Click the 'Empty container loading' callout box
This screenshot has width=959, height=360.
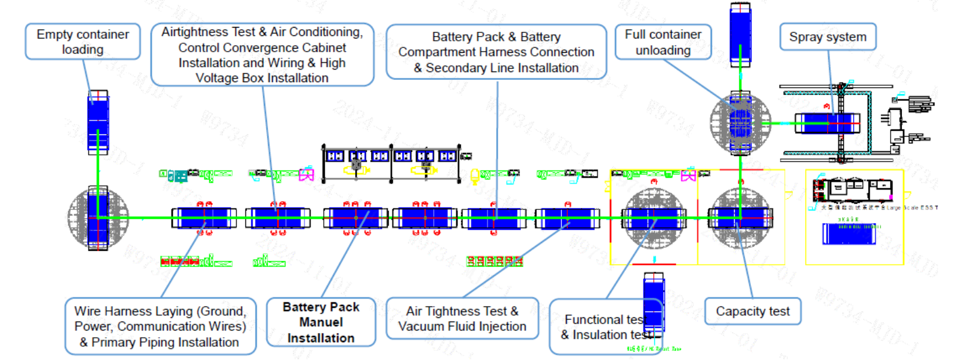(83, 41)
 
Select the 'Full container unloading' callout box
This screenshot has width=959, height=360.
(663, 42)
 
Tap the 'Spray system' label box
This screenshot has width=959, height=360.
(828, 37)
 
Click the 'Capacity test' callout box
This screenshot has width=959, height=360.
(753, 311)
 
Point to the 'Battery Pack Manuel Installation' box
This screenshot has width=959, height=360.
(321, 322)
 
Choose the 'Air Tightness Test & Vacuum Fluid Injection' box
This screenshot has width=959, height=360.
(462, 319)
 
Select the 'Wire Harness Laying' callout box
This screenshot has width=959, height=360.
(160, 326)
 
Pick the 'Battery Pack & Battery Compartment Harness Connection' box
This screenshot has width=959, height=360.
(496, 52)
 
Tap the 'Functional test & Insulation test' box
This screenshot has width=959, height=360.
(603, 327)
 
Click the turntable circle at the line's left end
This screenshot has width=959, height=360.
(98, 218)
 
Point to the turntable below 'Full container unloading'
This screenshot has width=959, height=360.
(740, 123)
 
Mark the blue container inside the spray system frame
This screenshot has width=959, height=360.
(827, 123)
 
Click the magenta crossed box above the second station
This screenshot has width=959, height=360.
(306, 175)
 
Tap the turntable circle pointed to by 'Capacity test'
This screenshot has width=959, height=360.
(740, 218)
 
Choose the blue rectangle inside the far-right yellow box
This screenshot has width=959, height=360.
(849, 234)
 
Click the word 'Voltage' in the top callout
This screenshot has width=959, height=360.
(217, 78)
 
